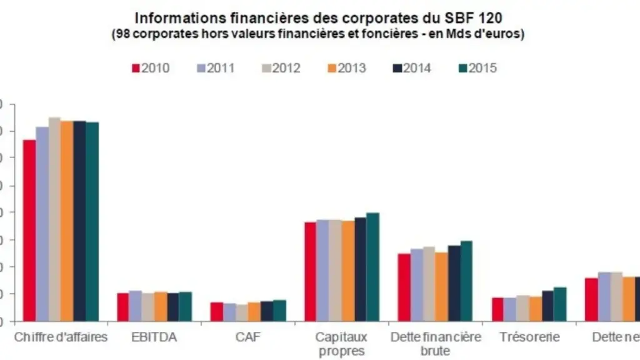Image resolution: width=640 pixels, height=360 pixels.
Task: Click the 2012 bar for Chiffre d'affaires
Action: pyautogui.click(x=54, y=219)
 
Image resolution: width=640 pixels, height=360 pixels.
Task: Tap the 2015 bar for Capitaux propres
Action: pyautogui.click(x=372, y=267)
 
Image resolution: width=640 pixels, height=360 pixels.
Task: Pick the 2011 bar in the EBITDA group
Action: pyautogui.click(x=135, y=306)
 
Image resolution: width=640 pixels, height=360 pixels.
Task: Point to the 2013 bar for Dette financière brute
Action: pyautogui.click(x=441, y=286)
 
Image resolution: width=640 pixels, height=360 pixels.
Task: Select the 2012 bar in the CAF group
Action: pyautogui.click(x=241, y=312)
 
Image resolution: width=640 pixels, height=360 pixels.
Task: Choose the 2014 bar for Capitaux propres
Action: pyautogui.click(x=360, y=269)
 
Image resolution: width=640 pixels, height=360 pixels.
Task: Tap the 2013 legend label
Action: pyautogui.click(x=351, y=68)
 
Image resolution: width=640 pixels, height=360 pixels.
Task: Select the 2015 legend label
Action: pyautogui.click(x=482, y=68)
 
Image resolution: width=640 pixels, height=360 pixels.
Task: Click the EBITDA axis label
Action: pyautogui.click(x=154, y=337)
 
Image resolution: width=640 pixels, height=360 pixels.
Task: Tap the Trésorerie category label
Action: pyautogui.click(x=529, y=337)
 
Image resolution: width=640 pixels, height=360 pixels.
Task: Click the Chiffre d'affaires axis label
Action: pyautogui.click(x=61, y=337)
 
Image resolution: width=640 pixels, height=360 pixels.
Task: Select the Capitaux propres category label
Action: pyautogui.click(x=342, y=344)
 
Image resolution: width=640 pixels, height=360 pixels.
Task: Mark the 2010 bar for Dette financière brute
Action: pyautogui.click(x=404, y=287)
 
